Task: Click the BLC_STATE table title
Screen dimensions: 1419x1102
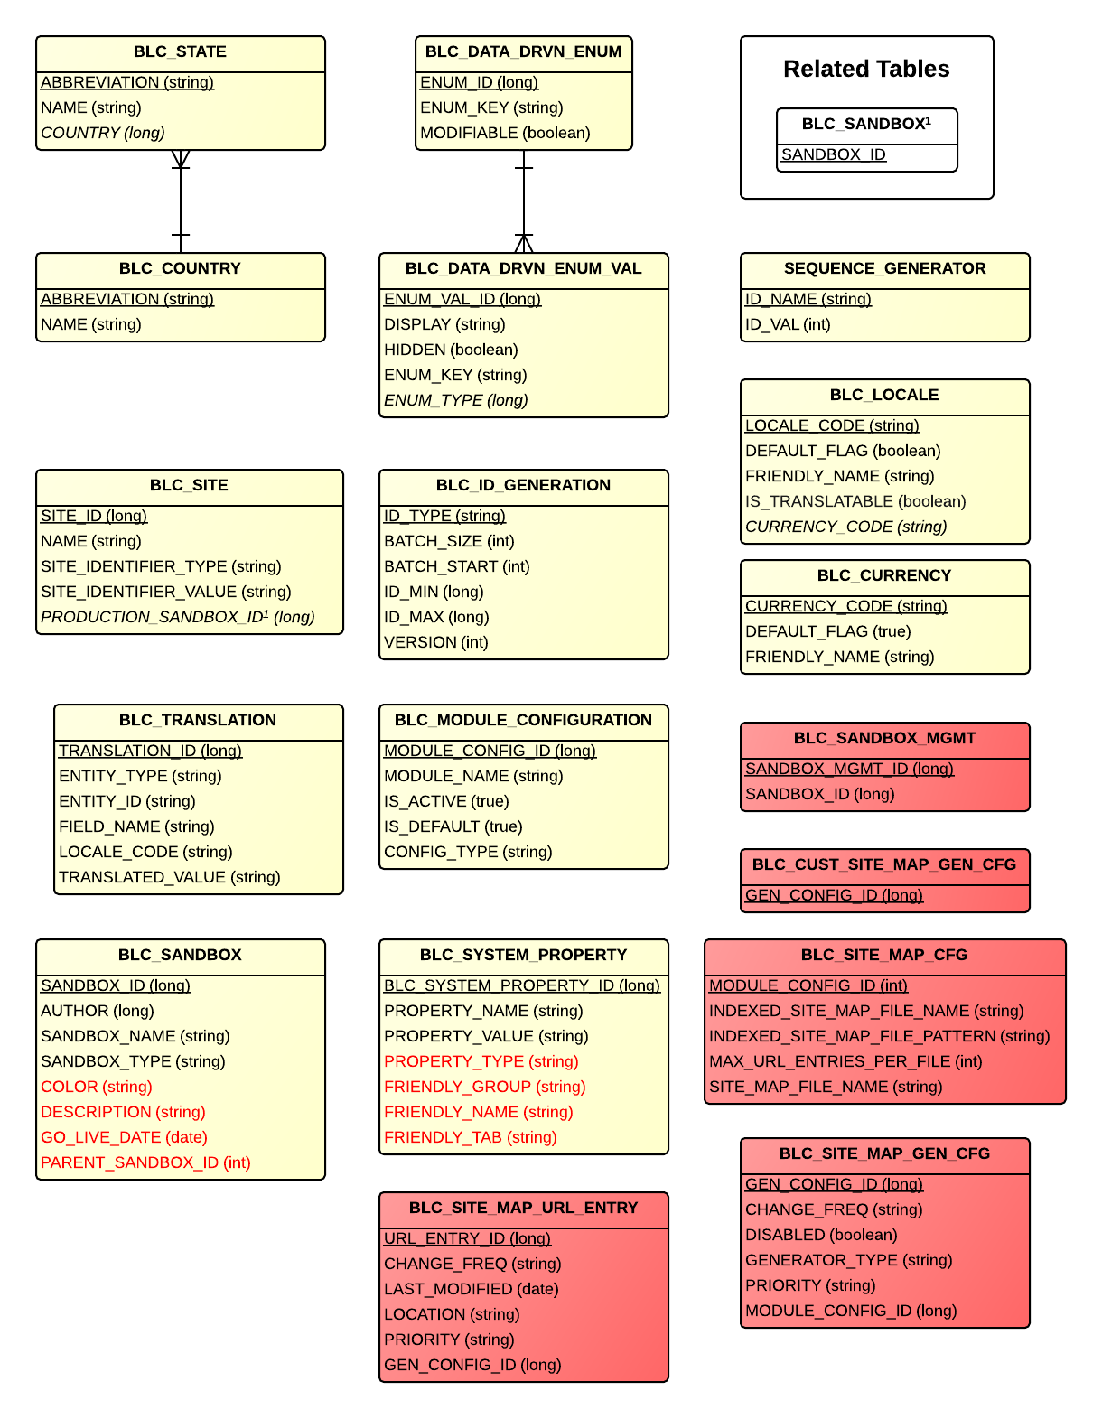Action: [180, 52]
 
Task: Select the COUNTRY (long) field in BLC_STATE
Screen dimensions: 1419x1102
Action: [103, 133]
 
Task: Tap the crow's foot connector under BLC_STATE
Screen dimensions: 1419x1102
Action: [181, 160]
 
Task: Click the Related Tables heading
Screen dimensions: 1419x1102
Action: [866, 69]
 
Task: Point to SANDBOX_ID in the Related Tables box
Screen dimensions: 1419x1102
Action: [833, 154]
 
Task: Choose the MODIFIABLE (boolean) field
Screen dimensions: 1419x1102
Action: [505, 133]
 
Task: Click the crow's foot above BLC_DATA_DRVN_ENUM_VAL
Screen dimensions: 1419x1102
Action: [524, 243]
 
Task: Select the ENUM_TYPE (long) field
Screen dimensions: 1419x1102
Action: [456, 400]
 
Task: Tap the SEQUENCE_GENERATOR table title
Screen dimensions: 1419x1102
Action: [884, 269]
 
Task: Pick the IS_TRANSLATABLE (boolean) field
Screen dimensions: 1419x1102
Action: [855, 501]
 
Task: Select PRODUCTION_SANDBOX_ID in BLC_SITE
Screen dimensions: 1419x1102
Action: [178, 617]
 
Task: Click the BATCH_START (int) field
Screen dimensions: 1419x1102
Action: [457, 566]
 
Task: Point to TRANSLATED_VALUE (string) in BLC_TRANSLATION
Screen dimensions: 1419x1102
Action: [170, 877]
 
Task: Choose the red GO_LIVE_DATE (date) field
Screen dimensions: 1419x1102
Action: [124, 1137]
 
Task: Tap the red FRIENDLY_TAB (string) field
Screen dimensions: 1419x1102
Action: [471, 1137]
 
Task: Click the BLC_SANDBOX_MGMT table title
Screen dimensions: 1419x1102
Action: [884, 739]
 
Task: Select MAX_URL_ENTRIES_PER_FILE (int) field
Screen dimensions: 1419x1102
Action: [845, 1061]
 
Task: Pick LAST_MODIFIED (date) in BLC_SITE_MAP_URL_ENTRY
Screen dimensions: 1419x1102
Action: [472, 1289]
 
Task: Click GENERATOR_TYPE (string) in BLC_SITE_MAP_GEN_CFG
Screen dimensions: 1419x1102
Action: [849, 1260]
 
